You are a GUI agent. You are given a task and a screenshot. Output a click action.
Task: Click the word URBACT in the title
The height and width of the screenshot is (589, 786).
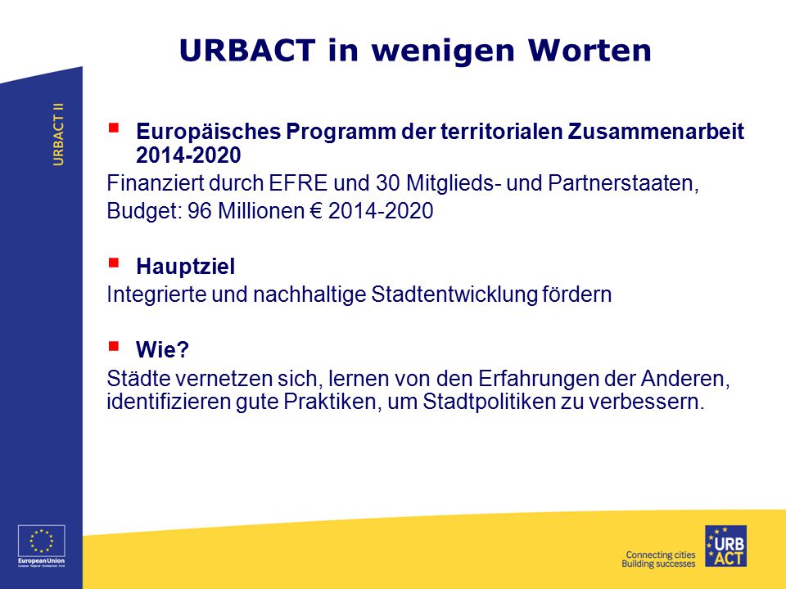coord(247,50)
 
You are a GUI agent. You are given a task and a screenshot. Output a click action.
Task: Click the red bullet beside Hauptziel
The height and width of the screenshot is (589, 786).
coord(114,263)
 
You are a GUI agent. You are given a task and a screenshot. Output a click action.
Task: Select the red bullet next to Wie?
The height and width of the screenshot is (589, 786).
coord(114,346)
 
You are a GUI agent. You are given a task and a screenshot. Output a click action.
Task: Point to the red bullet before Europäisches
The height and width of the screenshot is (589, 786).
coord(114,128)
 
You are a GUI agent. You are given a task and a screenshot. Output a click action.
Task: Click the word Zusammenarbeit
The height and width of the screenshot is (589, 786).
coord(656,131)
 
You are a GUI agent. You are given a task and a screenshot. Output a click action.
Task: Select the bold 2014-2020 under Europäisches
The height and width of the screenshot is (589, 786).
coord(188,155)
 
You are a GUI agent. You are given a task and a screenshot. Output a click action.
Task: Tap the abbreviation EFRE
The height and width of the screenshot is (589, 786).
coord(298,183)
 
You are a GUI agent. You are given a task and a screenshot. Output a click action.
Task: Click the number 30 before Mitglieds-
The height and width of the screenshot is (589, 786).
coord(387,183)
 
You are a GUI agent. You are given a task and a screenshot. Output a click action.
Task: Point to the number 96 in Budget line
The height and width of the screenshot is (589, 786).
coord(200,211)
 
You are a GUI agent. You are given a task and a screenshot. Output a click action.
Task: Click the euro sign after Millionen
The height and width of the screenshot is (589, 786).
coord(316,211)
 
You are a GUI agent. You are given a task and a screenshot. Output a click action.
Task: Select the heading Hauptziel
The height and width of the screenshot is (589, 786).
coord(185,267)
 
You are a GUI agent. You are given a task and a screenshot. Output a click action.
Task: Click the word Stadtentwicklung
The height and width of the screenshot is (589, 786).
coord(454,294)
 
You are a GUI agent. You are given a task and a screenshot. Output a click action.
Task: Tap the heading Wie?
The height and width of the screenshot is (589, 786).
coord(162,349)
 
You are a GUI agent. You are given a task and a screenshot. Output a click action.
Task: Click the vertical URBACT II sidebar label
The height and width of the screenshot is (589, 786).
coord(59,134)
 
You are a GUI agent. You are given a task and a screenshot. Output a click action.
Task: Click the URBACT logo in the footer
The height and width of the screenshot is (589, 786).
coord(725,546)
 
